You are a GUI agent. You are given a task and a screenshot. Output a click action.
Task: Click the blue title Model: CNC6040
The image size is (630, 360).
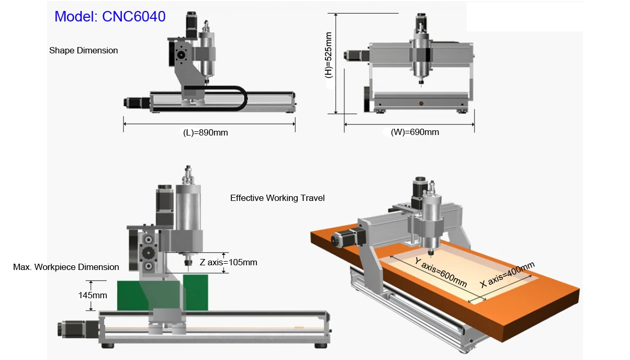pyautogui.click(x=110, y=16)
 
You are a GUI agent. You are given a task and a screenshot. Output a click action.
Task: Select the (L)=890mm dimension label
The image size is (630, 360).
pyautogui.click(x=205, y=132)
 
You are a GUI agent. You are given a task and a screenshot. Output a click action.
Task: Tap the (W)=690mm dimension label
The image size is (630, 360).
pyautogui.click(x=415, y=132)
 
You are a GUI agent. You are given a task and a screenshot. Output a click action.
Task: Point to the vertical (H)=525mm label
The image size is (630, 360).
pyautogui.click(x=329, y=55)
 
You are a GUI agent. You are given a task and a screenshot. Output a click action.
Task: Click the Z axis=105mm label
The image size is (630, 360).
pyautogui.click(x=229, y=262)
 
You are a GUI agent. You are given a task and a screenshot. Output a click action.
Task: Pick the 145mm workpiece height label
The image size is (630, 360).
pyautogui.click(x=93, y=295)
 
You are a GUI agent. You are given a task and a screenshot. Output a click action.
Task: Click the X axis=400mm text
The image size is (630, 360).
pyautogui.click(x=507, y=275)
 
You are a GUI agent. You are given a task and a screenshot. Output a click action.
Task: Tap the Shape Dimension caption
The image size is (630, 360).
pyautogui.click(x=83, y=51)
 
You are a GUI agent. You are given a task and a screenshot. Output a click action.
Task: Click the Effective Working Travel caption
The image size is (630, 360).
pyautogui.click(x=277, y=198)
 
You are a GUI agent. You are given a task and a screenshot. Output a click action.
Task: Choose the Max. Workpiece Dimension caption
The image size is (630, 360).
pyautogui.click(x=66, y=267)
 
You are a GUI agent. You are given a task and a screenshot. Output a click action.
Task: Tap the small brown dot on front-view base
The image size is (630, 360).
pyautogui.click(x=420, y=103)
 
